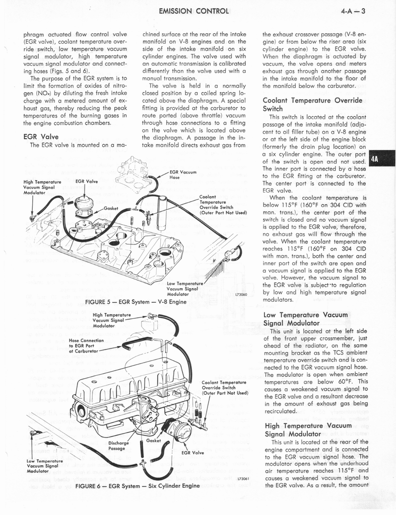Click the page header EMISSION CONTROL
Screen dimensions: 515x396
pyautogui.click(x=193, y=11)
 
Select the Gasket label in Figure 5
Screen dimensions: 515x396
pyautogui.click(x=110, y=208)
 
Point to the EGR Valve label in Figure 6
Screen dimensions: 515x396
pyautogui.click(x=192, y=452)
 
